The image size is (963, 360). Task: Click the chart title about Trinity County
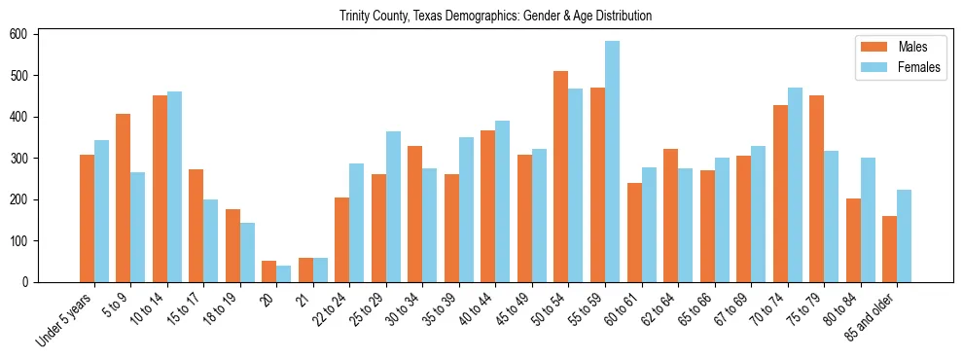click(x=495, y=17)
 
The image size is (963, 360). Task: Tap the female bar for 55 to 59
click(x=612, y=162)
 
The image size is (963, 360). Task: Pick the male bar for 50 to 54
click(x=561, y=176)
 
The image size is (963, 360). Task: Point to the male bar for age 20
click(x=269, y=271)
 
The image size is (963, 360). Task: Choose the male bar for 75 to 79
click(x=816, y=189)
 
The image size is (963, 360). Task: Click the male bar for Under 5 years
click(x=87, y=219)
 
